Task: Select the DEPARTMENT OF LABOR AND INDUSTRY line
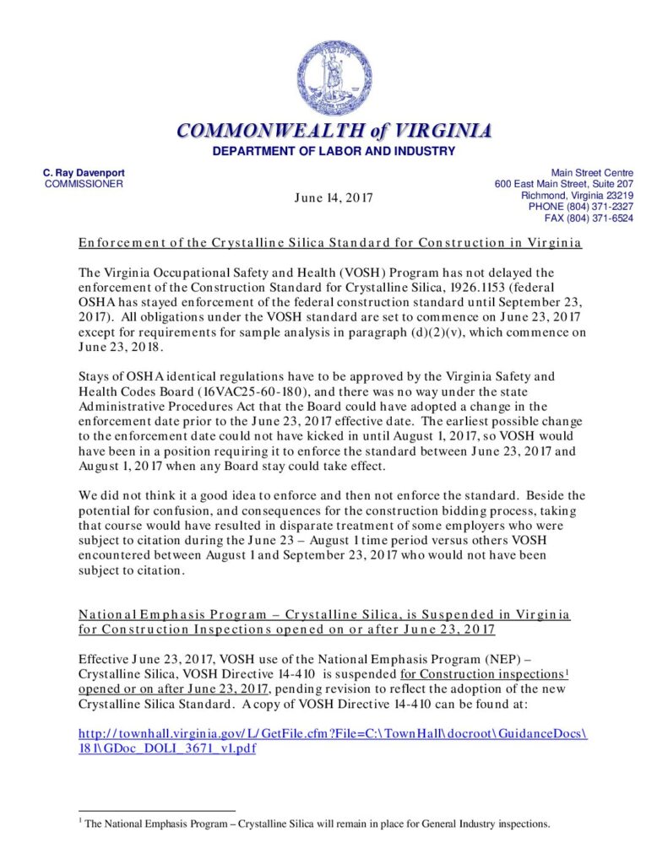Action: [334, 151]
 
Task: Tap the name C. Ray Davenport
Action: [84, 173]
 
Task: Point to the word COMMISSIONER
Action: [84, 184]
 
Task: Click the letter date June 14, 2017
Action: [334, 197]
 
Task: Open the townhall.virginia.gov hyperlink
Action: [332, 733]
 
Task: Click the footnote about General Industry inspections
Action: [317, 824]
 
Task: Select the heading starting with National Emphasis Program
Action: [324, 614]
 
